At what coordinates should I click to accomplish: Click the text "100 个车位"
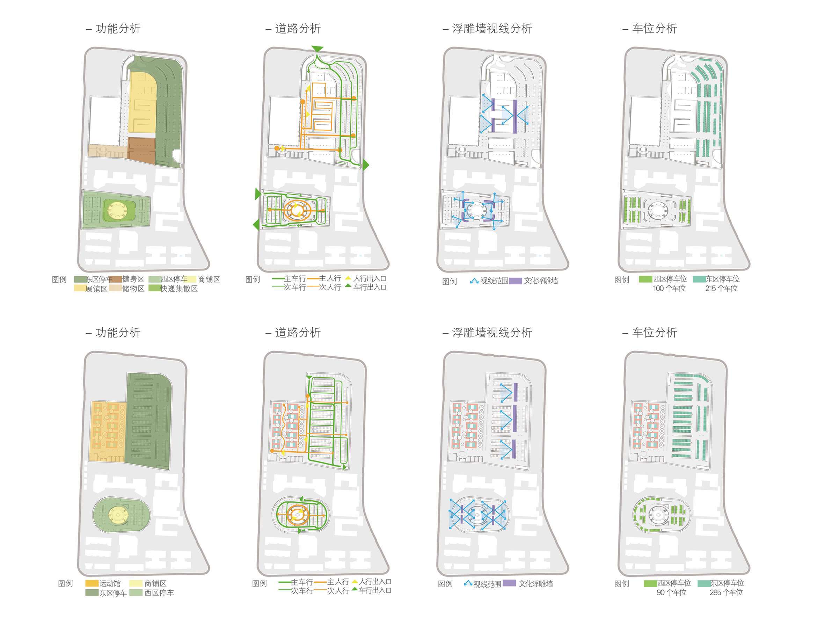click(669, 289)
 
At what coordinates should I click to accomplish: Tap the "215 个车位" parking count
click(721, 289)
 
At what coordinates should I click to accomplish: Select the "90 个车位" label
click(671, 592)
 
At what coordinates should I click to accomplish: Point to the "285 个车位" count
click(726, 592)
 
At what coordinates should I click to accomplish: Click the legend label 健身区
click(133, 279)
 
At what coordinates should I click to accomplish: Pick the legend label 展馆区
click(96, 289)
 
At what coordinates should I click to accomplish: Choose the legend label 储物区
click(133, 289)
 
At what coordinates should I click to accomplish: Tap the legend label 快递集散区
click(179, 289)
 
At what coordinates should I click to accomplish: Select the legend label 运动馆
click(110, 583)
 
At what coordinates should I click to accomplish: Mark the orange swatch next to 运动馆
click(92, 583)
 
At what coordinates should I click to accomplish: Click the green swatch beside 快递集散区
click(155, 288)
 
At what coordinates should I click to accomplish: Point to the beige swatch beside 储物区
click(116, 288)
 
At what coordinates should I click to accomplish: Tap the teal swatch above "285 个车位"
click(704, 583)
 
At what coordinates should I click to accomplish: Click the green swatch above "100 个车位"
click(645, 279)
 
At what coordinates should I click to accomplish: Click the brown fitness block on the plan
click(141, 150)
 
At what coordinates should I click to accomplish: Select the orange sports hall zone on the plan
click(107, 431)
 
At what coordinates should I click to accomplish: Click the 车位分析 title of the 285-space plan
click(654, 333)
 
